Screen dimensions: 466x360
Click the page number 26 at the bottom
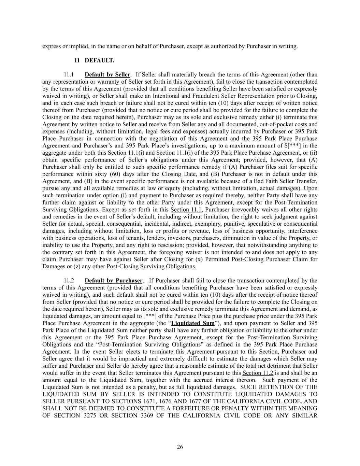coord(180,447)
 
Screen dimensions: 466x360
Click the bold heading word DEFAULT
coord(99,60)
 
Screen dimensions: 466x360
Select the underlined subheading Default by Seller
coord(107,74)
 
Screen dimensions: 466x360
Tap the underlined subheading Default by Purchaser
coord(114,281)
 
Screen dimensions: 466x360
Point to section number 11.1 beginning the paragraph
coord(69,74)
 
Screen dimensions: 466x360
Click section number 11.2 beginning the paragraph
coord(69,281)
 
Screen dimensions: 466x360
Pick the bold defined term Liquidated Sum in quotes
coord(193,323)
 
